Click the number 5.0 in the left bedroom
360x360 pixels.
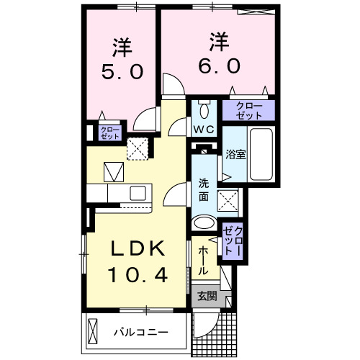click(122, 71)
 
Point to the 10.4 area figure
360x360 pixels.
click(138, 274)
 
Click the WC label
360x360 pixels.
click(203, 130)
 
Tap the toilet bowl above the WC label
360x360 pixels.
click(204, 110)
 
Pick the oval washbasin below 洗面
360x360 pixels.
click(204, 222)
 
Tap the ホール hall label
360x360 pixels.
click(203, 259)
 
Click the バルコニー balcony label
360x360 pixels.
click(141, 333)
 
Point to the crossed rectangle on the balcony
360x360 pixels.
click(94, 332)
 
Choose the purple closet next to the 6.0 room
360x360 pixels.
click(248, 110)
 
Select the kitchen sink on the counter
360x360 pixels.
click(137, 193)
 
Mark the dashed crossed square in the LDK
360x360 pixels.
click(137, 149)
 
